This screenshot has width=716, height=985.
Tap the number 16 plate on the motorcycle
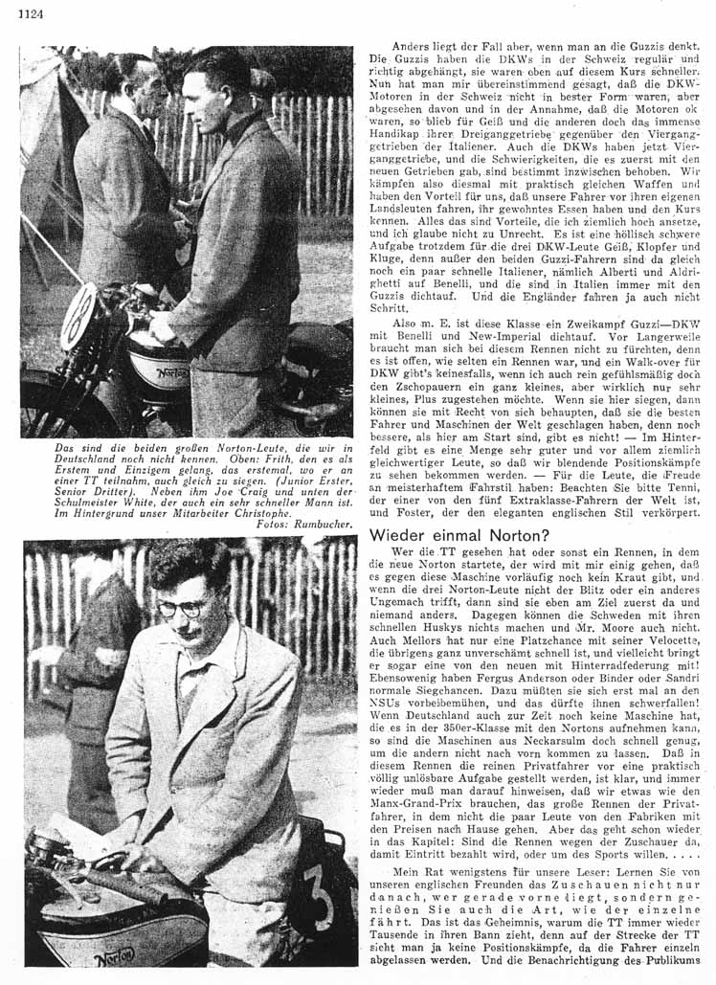click(79, 316)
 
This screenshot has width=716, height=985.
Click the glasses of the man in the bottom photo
click(183, 608)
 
